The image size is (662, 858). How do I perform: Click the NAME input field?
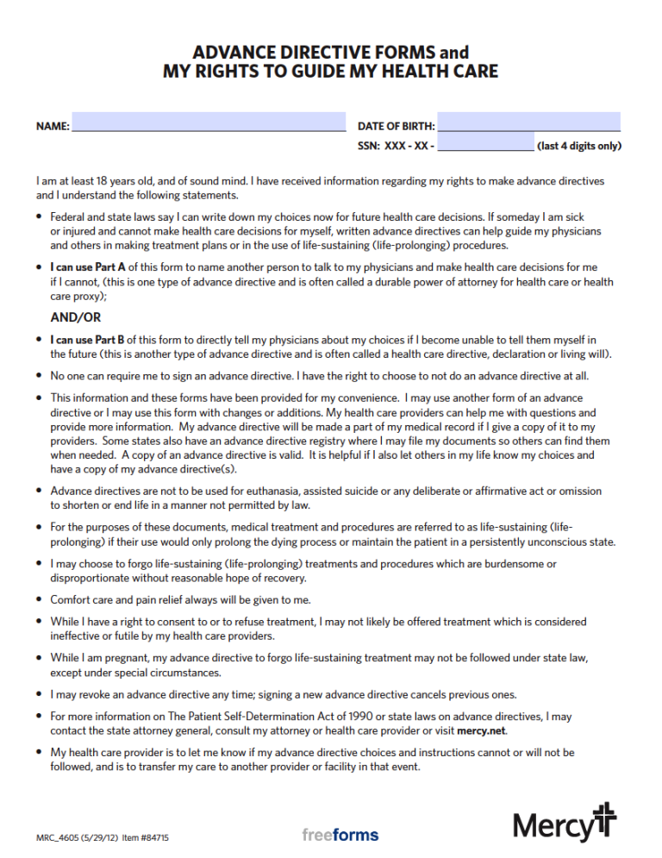coord(208,122)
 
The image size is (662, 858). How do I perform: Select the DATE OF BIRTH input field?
coord(528,122)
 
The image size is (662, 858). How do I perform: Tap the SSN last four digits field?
coord(485,142)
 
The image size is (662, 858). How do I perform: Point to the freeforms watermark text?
coord(340,835)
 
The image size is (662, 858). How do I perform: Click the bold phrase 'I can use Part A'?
coord(89,267)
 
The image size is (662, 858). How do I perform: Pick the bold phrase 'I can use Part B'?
coord(89,340)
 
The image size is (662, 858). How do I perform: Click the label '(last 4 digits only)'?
coord(578,146)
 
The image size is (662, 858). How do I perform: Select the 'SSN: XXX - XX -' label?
coord(396,146)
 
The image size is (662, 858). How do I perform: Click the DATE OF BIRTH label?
coord(397,126)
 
